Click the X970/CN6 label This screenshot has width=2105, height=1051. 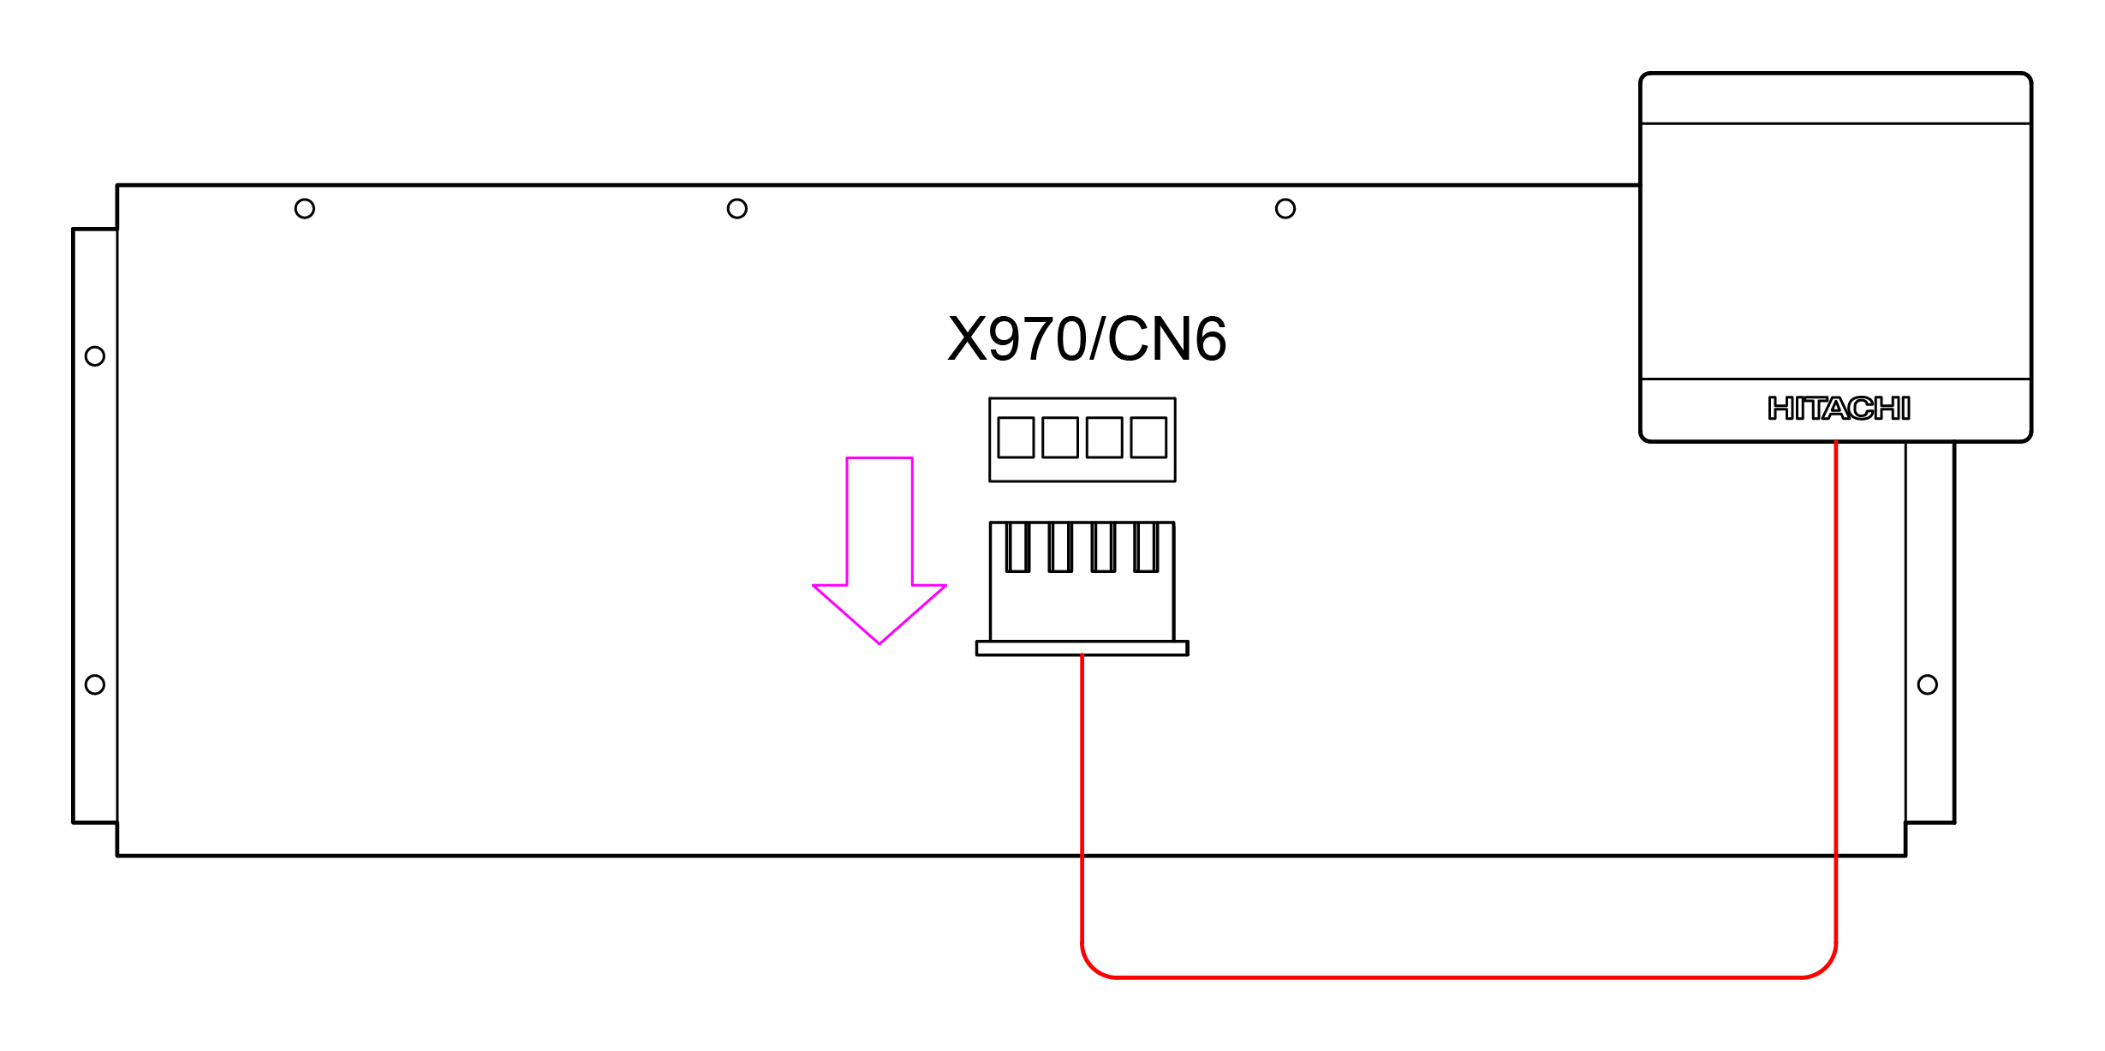pyautogui.click(x=1087, y=339)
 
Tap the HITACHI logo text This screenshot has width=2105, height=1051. pyautogui.click(x=1839, y=409)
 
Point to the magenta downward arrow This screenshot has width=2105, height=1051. pyautogui.click(x=880, y=548)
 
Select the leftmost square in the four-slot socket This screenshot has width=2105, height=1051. pyautogui.click(x=1016, y=438)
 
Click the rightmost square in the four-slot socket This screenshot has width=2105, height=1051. pyautogui.click(x=1148, y=438)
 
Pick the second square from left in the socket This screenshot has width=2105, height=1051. pyautogui.click(x=1060, y=438)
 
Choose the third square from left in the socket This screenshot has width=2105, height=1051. pyautogui.click(x=1104, y=438)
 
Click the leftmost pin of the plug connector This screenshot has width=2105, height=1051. pyautogui.click(x=1017, y=547)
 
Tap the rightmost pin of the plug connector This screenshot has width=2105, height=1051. pyautogui.click(x=1146, y=547)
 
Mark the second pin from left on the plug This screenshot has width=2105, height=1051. pyautogui.click(x=1060, y=547)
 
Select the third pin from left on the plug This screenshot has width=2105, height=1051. pyautogui.click(x=1103, y=547)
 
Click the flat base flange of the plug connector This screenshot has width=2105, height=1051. pyautogui.click(x=1082, y=648)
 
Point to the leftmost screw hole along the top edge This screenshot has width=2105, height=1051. pyautogui.click(x=305, y=209)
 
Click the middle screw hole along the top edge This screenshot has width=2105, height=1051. pyautogui.click(x=737, y=209)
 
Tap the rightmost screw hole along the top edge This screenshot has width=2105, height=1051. pyautogui.click(x=1285, y=209)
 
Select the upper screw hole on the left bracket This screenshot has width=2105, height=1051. pyautogui.click(x=95, y=356)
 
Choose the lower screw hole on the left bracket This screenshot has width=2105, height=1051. pyautogui.click(x=95, y=685)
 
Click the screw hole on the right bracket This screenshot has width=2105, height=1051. pyautogui.click(x=1928, y=685)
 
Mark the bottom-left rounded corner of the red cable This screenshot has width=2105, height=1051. pyautogui.click(x=1093, y=966)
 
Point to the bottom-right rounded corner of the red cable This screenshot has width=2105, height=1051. pyautogui.click(x=1825, y=966)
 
